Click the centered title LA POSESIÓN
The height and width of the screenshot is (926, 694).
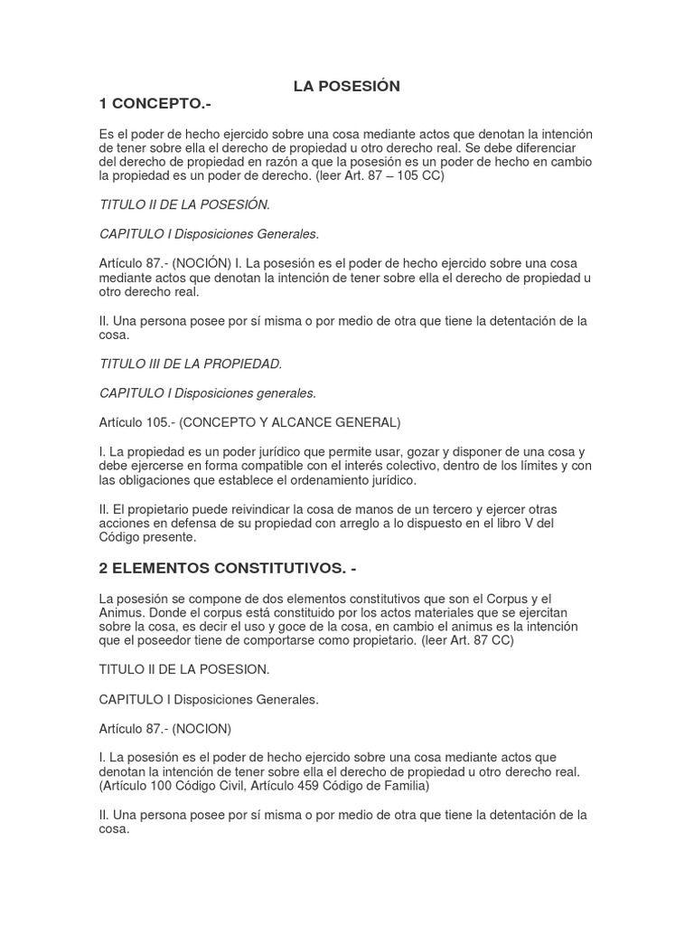tap(346, 86)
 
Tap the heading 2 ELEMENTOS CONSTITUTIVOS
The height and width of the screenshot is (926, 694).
tap(229, 568)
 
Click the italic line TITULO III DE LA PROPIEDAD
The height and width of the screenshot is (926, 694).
tap(191, 364)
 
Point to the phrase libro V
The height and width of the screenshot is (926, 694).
tap(546, 523)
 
